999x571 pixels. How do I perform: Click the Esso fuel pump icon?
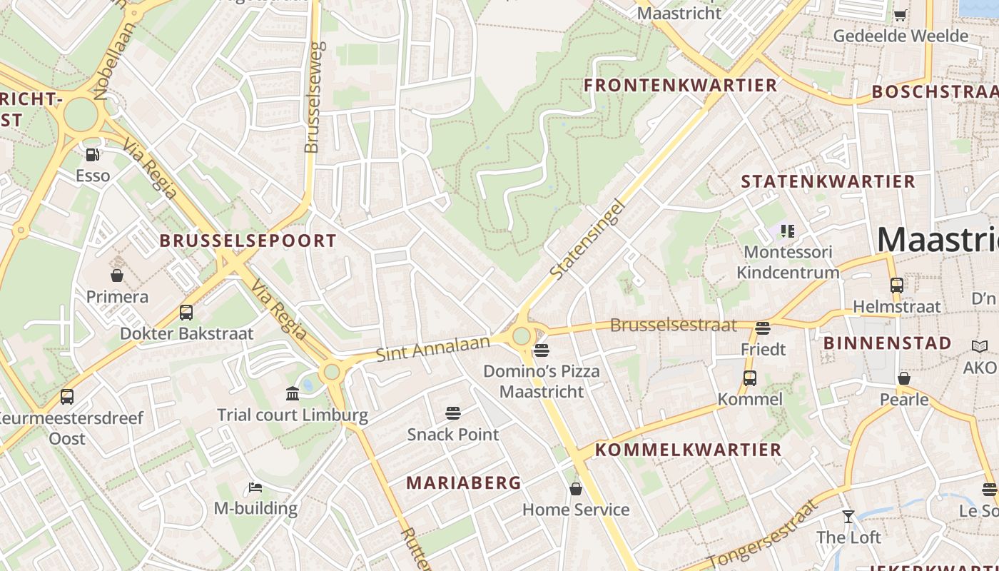[x=92, y=154]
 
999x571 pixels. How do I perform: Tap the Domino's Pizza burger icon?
[x=541, y=350]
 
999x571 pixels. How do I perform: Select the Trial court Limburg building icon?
[x=293, y=393]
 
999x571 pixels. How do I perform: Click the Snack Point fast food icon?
[x=452, y=413]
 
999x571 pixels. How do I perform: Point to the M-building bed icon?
[x=255, y=487]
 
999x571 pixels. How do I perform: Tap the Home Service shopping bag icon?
[x=575, y=489]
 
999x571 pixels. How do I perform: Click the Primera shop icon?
[x=117, y=276]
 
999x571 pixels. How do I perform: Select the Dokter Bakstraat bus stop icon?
[x=186, y=312]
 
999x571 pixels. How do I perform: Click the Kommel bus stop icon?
[x=749, y=378]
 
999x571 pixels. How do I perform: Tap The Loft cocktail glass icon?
[x=848, y=516]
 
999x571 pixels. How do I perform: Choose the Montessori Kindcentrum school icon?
[x=787, y=231]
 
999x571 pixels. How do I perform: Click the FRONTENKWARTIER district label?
[x=680, y=86]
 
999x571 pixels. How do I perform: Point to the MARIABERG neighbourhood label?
[x=464, y=482]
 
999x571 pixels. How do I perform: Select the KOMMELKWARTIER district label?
[x=689, y=450]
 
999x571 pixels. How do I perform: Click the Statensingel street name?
[x=588, y=239]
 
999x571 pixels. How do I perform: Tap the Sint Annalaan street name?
[x=433, y=348]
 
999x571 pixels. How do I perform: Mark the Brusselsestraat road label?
[x=673, y=325]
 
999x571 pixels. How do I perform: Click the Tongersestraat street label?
[x=762, y=534]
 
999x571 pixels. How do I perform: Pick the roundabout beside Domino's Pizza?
[x=522, y=335]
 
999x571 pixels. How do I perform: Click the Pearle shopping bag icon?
[x=903, y=378]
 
